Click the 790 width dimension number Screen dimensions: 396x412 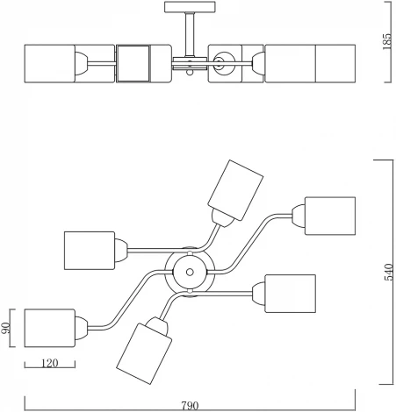190,406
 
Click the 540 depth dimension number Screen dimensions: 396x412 389,273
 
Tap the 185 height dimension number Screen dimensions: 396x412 387,41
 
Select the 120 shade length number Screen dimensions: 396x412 50,363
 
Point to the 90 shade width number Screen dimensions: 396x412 5,328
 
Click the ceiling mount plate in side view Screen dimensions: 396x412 190,7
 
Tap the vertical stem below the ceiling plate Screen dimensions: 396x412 190,34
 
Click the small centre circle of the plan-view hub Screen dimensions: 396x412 190,273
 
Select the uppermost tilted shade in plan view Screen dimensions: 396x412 235,190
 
